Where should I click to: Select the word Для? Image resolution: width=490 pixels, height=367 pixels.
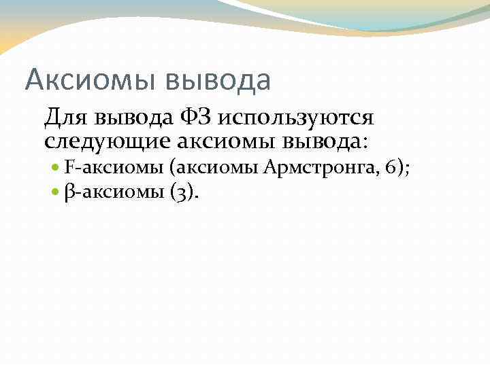(67, 118)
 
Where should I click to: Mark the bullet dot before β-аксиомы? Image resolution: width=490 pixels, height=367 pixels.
(56, 193)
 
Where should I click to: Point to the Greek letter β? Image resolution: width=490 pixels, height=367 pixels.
(70, 193)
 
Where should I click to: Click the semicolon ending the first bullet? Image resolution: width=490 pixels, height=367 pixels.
(407, 170)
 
